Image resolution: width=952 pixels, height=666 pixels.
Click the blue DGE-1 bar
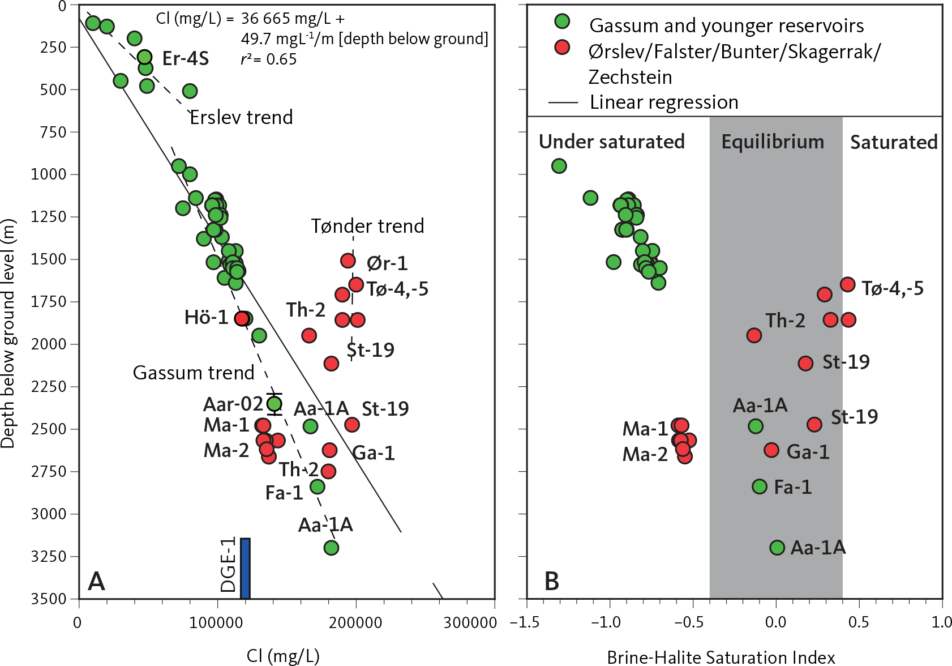pos(245,568)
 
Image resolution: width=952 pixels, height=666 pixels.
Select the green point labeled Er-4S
pos(145,57)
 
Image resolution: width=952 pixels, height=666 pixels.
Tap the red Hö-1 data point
pos(242,319)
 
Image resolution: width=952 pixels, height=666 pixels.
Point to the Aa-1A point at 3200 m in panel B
pos(777,548)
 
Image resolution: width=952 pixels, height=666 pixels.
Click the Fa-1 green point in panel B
pos(760,486)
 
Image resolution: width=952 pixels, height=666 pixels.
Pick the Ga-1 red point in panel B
pos(771,450)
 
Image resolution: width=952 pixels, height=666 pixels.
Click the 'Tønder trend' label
pos(367,226)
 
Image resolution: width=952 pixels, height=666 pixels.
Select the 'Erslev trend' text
pos(241,117)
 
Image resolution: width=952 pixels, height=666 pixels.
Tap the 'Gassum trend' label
pos(194,373)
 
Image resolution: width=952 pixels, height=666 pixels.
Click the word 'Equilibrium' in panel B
pos(773,142)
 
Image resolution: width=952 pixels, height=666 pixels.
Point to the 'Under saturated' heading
pos(611,142)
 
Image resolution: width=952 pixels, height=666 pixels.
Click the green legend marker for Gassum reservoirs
pos(562,22)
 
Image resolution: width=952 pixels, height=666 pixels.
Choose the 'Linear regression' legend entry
pos(663,102)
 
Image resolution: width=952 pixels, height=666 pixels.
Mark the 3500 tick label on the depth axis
pos(53,599)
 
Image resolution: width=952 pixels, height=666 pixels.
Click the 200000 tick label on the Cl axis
pos(355,623)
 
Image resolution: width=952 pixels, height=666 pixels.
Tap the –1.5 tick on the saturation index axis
pos(525,622)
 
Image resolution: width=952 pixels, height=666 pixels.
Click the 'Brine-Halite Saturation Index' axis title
pos(721,657)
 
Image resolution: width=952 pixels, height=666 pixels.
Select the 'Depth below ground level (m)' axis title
pos(8,334)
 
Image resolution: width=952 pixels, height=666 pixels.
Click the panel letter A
pos(96,582)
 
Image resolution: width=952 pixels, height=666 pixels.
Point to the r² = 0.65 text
pos(269,59)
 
